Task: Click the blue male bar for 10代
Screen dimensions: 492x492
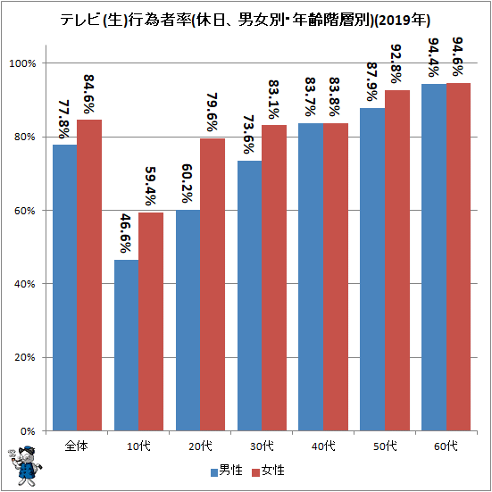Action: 127,346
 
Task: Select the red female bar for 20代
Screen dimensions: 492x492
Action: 213,285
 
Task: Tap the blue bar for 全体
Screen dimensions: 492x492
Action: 65,288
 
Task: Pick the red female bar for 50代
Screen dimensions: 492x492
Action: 397,261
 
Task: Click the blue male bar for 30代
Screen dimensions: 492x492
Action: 250,296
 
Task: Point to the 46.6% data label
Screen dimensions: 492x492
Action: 126,233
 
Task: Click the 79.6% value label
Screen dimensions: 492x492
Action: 213,112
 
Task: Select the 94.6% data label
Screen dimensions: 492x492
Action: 457,57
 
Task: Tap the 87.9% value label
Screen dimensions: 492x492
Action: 371,82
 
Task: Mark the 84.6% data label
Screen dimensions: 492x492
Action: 89,94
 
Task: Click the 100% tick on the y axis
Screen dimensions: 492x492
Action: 22,63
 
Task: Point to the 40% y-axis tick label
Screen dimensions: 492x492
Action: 24,284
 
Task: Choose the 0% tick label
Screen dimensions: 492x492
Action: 28,431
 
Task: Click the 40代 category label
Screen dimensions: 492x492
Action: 323,446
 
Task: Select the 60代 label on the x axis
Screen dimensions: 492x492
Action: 446,446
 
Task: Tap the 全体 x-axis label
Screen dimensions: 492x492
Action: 77,446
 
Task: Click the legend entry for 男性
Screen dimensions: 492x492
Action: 227,471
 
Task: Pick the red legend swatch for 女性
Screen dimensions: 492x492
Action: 256,472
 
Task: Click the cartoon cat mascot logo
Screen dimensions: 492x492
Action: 24,466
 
